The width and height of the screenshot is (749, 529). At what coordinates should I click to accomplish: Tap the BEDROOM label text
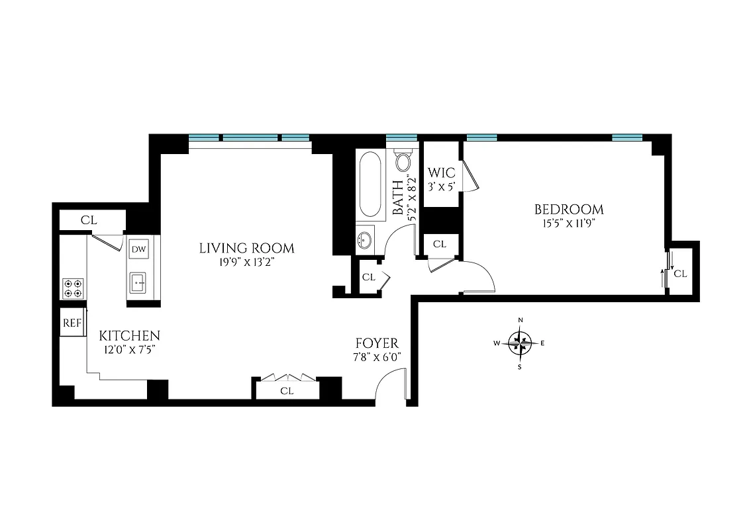coord(569,210)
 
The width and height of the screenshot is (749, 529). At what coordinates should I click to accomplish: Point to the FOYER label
coord(377,343)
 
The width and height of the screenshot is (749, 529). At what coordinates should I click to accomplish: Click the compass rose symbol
coord(521,343)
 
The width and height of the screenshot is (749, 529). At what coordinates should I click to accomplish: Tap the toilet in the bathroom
coord(403,162)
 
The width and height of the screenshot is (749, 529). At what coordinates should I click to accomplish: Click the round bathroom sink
coord(364,240)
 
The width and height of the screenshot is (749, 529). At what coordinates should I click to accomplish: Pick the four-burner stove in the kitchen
coord(73,288)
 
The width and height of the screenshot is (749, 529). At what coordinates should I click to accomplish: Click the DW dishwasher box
coord(138,249)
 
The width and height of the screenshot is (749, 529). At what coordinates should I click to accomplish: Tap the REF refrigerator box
coord(72,323)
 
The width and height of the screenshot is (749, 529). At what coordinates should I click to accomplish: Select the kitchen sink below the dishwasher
coord(139,283)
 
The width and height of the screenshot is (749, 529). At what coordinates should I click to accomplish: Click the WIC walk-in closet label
coord(442,173)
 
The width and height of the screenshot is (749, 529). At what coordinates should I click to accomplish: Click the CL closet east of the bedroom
coord(679,272)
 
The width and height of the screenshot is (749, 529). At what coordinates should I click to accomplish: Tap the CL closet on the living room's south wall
coord(286,390)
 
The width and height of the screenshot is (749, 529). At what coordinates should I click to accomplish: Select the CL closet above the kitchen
coord(89,220)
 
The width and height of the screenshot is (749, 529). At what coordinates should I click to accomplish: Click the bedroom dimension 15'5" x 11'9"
coord(569,224)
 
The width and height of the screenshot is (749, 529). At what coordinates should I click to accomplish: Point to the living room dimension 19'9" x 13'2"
coord(246,262)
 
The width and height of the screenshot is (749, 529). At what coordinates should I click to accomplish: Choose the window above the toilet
coord(401,138)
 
